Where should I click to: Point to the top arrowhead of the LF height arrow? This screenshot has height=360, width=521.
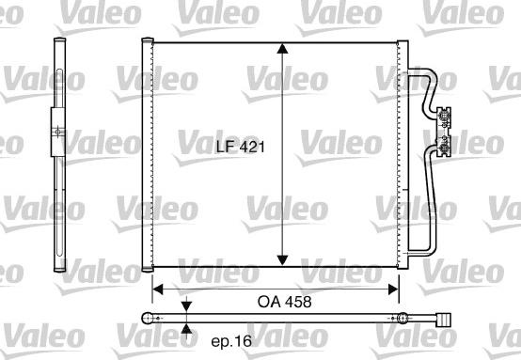pyautogui.click(x=281, y=52)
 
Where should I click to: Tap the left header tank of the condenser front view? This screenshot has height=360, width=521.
pyautogui.click(x=147, y=155)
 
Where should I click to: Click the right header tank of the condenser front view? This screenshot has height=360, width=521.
pyautogui.click(x=405, y=155)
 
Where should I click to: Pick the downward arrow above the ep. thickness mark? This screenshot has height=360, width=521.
pyautogui.click(x=186, y=306)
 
